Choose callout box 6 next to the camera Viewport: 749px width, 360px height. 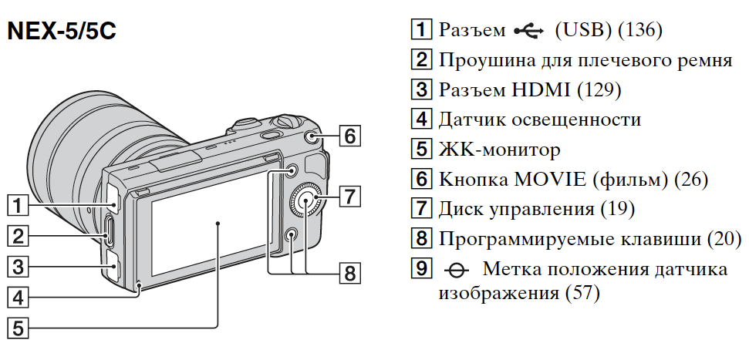coord(349,137)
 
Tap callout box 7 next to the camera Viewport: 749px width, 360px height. coord(349,196)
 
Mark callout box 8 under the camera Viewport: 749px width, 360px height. coord(349,273)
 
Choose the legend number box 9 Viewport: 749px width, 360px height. coord(420,269)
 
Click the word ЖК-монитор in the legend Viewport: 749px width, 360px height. coord(499,150)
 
